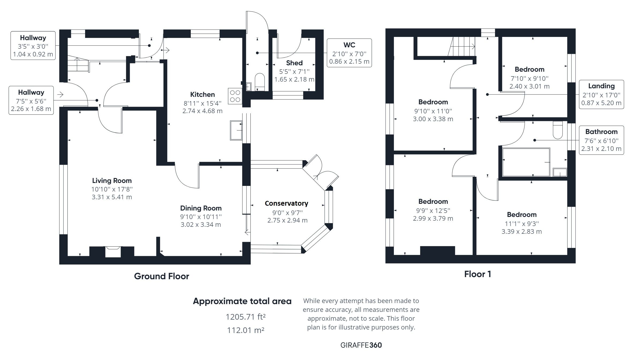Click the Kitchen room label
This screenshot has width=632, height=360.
(202, 94)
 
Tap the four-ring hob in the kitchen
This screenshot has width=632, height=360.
(235, 96)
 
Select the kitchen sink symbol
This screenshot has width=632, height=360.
(236, 130)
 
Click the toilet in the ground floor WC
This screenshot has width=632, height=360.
(260, 80)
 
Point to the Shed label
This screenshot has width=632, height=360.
(294, 63)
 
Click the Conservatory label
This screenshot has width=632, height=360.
(286, 203)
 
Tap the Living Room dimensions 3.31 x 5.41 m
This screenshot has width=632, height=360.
(112, 197)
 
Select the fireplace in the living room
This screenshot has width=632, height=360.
(112, 251)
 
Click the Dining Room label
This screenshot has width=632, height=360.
(201, 208)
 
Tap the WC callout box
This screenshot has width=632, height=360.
(349, 53)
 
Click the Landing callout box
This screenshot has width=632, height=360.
(601, 94)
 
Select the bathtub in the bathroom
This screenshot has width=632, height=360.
(526, 162)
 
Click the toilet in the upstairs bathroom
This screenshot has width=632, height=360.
(558, 130)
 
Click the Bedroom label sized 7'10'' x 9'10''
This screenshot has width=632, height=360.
(529, 69)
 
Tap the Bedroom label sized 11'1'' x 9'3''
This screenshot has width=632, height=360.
(521, 215)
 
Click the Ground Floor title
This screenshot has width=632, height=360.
(161, 276)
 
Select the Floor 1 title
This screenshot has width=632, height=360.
(478, 274)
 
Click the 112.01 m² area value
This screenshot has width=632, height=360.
(246, 330)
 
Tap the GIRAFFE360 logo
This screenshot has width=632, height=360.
(361, 345)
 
